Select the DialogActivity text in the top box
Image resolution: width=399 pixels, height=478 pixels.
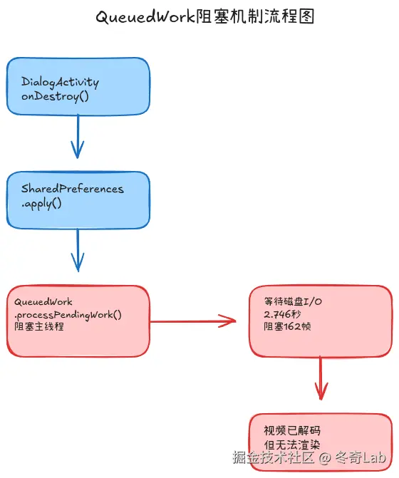(x=60, y=82)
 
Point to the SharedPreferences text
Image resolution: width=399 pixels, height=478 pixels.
(x=72, y=189)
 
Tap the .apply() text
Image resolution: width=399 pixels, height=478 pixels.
(x=41, y=203)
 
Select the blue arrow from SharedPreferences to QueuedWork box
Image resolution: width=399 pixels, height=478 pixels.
(x=78, y=250)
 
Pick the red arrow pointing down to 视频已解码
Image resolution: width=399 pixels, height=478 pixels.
(x=321, y=377)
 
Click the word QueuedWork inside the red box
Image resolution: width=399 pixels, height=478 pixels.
(x=43, y=302)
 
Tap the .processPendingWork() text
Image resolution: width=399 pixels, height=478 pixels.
(x=68, y=314)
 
